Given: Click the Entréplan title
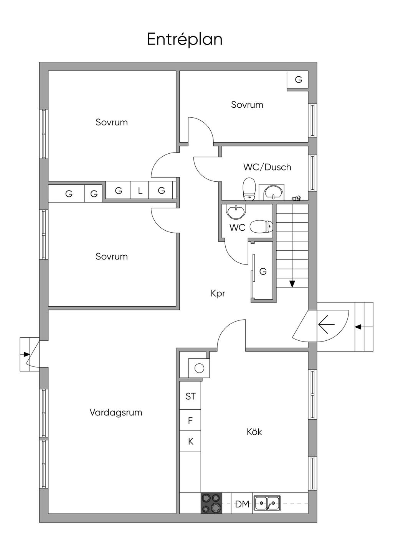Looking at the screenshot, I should click(x=185, y=39).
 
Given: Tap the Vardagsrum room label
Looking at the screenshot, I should click(x=116, y=412).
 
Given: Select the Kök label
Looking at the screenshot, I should click(x=254, y=432).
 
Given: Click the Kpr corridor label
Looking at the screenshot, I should click(x=218, y=294).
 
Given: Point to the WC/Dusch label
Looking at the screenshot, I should click(x=267, y=167).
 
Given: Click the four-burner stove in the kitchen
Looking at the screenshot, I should click(x=211, y=502).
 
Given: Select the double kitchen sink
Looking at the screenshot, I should click(x=268, y=502).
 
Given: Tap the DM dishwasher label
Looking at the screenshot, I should click(x=242, y=504).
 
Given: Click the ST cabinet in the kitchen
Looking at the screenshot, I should click(x=190, y=396).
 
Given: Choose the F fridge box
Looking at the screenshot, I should click(x=190, y=421).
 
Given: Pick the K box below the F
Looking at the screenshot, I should click(x=190, y=442).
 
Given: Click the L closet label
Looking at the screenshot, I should click(x=140, y=190).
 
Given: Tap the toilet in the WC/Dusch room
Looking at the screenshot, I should click(x=249, y=189).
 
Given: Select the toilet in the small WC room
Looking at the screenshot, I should click(x=261, y=227).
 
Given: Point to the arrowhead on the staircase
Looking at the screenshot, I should click(x=292, y=284).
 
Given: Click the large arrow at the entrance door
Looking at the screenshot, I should click(x=326, y=325).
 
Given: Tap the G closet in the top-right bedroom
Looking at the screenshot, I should click(x=298, y=80).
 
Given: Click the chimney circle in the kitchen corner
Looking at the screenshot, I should click(x=199, y=368).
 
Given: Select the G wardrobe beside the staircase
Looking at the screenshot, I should click(x=263, y=272).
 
